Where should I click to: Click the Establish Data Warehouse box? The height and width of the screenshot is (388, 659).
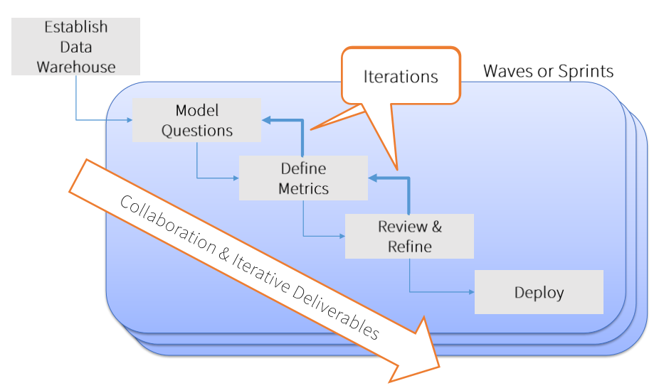[75, 46]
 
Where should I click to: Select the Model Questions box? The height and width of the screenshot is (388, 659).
[196, 120]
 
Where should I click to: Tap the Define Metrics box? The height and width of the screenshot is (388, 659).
[303, 178]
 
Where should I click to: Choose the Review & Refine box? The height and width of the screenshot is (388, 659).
[409, 236]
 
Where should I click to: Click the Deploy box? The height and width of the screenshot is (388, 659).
[539, 292]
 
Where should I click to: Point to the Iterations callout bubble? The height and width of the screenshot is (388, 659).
[401, 76]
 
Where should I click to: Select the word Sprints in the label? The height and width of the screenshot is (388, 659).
[586, 71]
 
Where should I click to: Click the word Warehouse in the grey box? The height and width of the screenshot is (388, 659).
[75, 67]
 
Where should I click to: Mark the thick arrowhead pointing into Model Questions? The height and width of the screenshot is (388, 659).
[266, 120]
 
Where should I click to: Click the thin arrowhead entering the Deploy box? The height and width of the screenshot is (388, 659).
[470, 291]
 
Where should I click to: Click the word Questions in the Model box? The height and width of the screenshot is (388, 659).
[197, 131]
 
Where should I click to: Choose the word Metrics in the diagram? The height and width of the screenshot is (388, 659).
[303, 188]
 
